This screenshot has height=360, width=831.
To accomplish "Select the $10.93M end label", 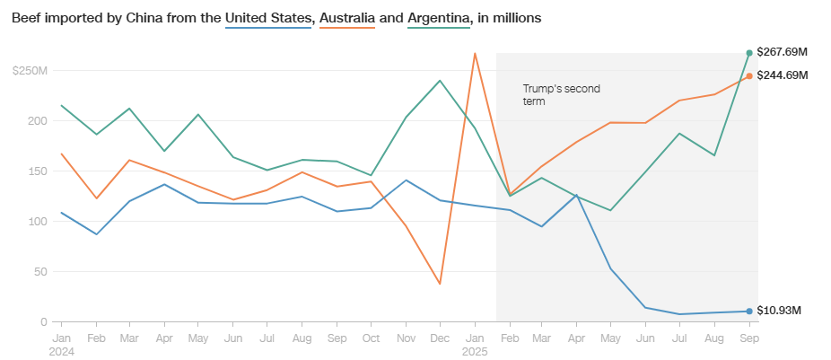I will (x=779, y=311).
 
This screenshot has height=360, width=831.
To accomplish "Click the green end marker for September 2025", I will (x=749, y=53).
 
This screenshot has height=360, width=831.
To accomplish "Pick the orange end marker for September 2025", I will (x=749, y=75).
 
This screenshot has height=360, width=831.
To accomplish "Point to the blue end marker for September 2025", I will (x=749, y=312).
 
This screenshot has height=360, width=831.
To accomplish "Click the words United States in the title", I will (x=268, y=18).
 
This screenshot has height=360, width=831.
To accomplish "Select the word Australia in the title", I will (x=344, y=18).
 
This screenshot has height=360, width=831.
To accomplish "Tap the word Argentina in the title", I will (x=439, y=18).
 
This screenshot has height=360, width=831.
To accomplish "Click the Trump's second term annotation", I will (x=561, y=95).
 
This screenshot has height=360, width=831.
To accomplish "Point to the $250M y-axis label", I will (x=29, y=70).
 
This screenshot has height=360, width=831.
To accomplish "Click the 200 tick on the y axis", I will (x=36, y=120).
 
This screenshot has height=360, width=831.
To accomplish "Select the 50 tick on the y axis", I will (x=39, y=271).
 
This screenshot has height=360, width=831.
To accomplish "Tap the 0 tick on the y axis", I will (x=42, y=321).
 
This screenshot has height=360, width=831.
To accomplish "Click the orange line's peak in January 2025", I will (x=475, y=53).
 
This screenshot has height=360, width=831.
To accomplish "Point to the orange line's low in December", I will (x=440, y=284).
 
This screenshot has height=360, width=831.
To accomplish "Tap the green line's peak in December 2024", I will (x=440, y=81).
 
